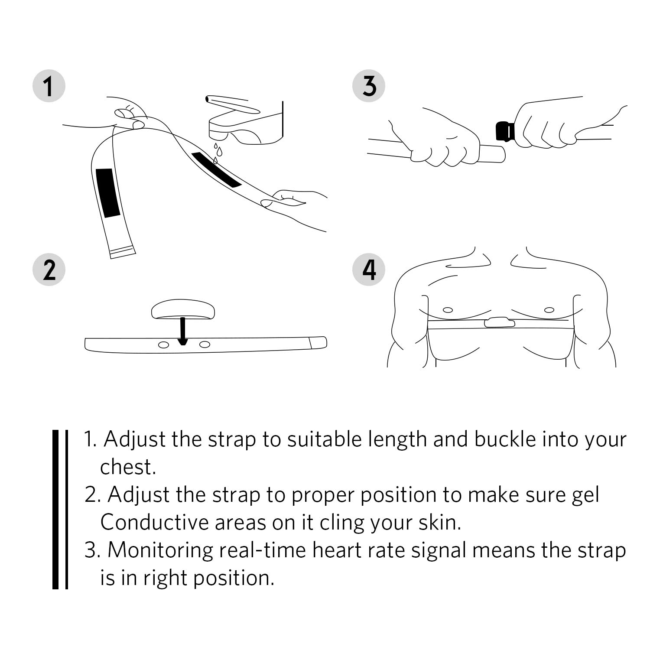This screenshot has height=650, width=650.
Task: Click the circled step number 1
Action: [x=49, y=86]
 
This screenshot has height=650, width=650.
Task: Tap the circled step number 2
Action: [x=49, y=270]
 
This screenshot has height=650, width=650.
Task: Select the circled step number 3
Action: [x=369, y=85]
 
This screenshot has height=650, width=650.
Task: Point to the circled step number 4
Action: [x=369, y=270]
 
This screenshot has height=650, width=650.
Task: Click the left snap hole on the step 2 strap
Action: [x=164, y=344]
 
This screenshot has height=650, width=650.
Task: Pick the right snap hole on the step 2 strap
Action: [x=205, y=344]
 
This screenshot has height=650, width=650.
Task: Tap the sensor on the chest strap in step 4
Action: [x=499, y=322]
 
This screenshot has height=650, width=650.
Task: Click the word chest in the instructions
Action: [x=127, y=467]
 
